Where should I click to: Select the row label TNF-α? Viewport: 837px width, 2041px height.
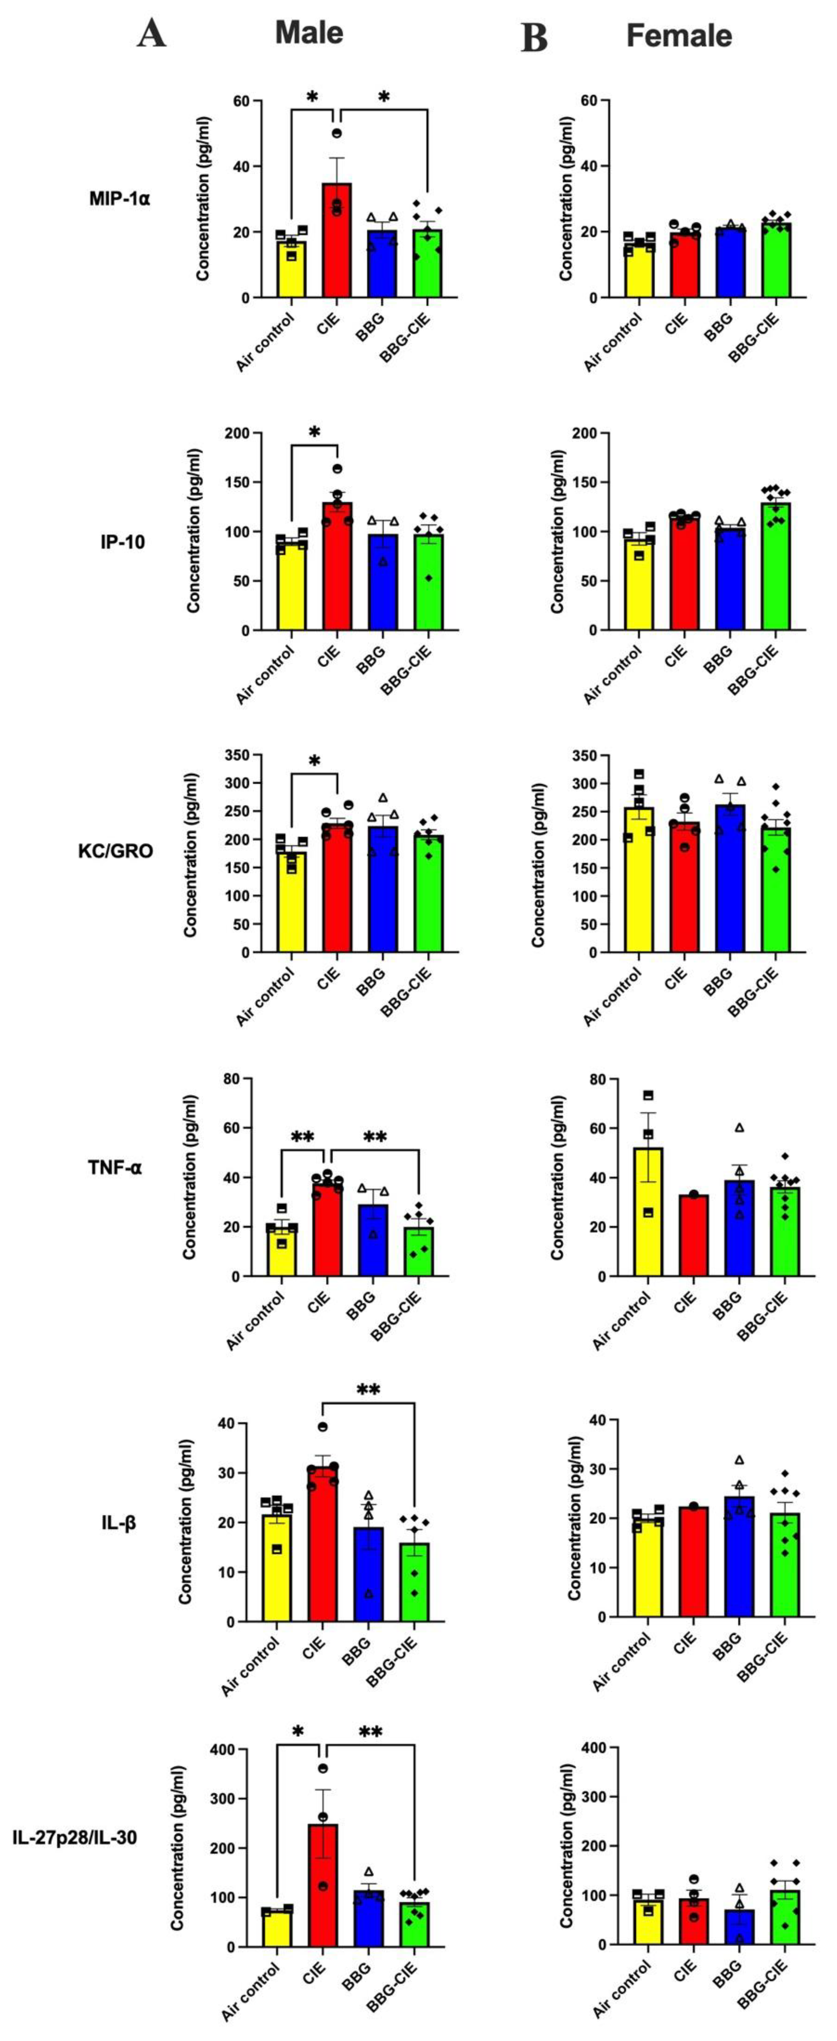[x=116, y=1167]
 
